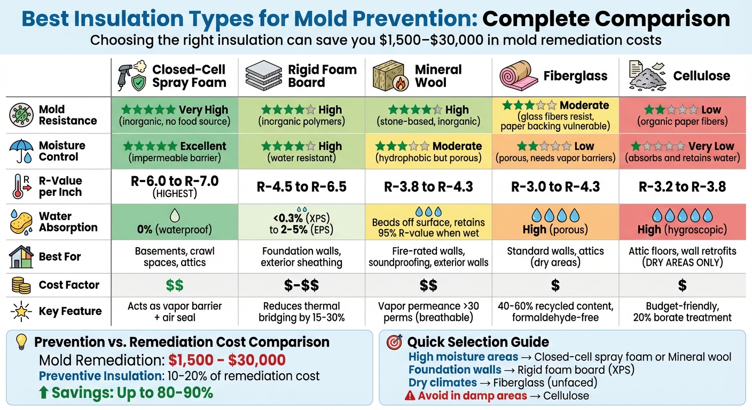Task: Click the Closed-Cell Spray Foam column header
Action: pyautogui.click(x=189, y=76)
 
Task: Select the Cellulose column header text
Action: pyautogui.click(x=701, y=76)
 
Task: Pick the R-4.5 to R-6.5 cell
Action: pyautogui.click(x=302, y=187)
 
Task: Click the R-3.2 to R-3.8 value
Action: pyautogui.click(x=682, y=187)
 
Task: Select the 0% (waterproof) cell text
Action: pyautogui.click(x=175, y=230)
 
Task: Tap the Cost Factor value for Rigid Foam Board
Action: pyautogui.click(x=302, y=285)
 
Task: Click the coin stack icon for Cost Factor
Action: pyautogui.click(x=20, y=286)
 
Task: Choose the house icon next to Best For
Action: pyautogui.click(x=21, y=257)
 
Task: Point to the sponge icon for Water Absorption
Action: pyautogui.click(x=21, y=223)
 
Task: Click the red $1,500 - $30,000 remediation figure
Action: pyautogui.click(x=227, y=360)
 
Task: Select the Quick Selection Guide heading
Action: pyautogui.click(x=478, y=342)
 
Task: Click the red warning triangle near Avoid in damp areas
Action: pyautogui.click(x=410, y=396)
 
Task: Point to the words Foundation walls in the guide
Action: pyautogui.click(x=455, y=369)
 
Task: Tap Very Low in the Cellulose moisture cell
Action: pyautogui.click(x=710, y=146)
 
